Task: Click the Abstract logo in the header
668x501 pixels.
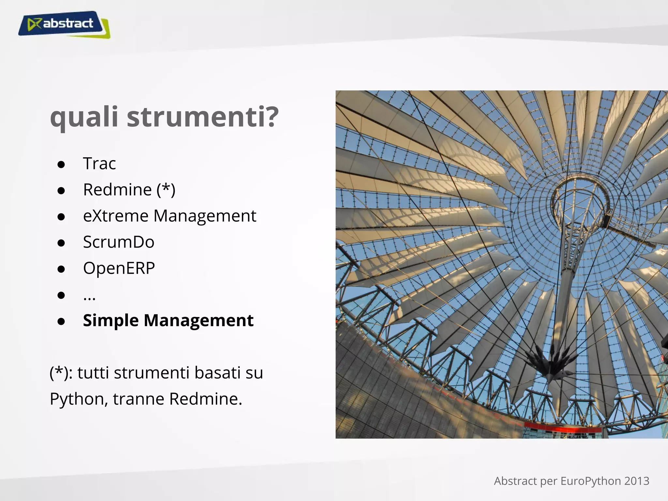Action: click(64, 24)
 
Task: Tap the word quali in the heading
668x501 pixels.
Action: click(84, 117)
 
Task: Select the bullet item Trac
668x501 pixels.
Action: click(99, 163)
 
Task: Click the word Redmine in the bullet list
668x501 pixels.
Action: click(117, 190)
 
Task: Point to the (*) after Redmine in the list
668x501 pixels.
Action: click(166, 190)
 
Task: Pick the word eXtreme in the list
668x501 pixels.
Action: click(116, 216)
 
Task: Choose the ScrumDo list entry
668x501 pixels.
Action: click(118, 242)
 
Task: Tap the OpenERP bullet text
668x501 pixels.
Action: click(119, 268)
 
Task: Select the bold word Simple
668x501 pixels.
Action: click(111, 321)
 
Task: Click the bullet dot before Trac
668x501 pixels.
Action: click(61, 165)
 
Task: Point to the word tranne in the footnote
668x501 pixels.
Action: click(139, 399)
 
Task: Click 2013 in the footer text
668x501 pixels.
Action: click(637, 481)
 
